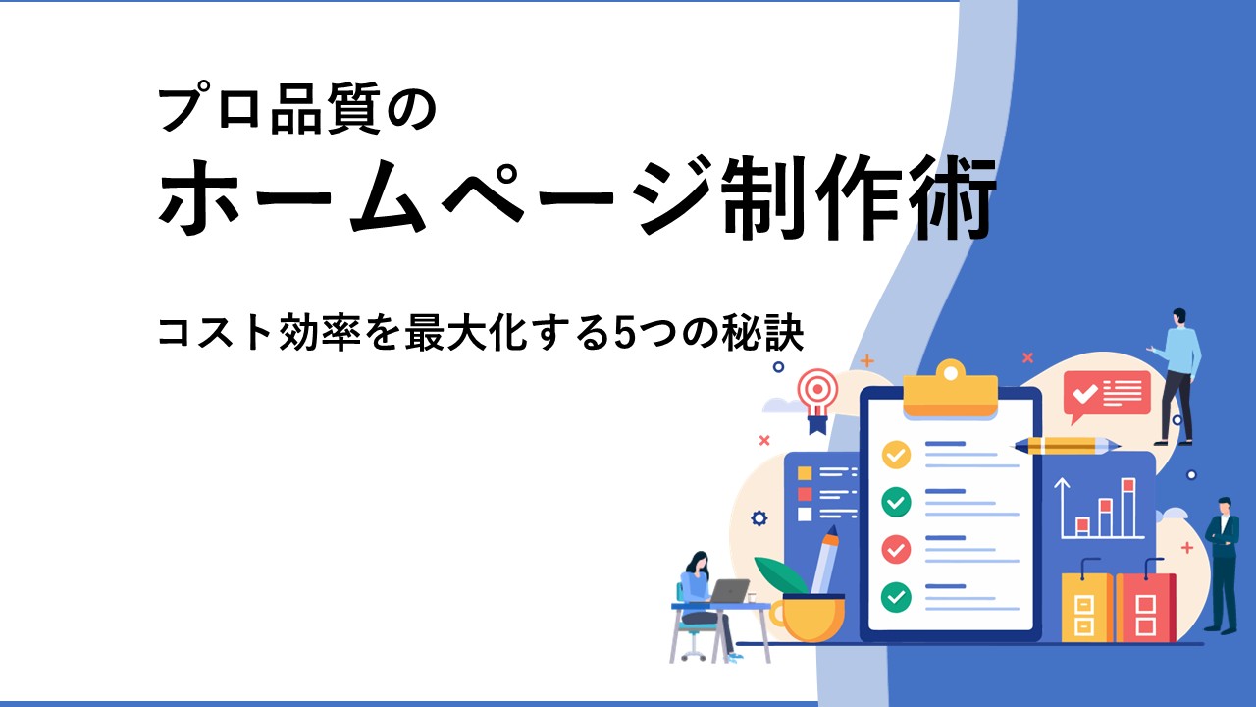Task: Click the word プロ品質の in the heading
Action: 297,108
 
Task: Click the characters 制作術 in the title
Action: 859,196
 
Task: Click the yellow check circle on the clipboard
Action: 896,455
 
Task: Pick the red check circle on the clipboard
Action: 896,549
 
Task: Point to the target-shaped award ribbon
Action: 818,400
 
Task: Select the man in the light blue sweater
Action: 1177,376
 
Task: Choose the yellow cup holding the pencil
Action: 808,618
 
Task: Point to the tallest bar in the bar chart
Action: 1128,508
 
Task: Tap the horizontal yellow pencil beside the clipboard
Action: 1065,446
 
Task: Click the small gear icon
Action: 759,517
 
